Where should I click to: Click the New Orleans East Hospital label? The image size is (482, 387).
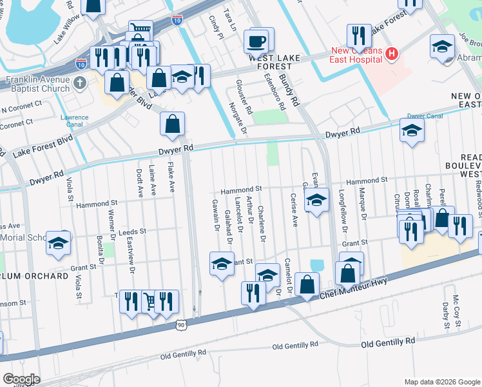coord(356,55)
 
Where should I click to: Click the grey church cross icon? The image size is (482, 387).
coord(79,83)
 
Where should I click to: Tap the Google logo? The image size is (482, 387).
coord(21,379)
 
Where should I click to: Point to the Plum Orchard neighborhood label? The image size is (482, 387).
coord(35,276)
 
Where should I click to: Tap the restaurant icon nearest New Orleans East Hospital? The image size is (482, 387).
coord(359,36)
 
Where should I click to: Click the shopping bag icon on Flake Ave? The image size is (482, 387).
coord(172,124)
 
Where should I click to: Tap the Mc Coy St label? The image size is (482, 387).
coord(456,306)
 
